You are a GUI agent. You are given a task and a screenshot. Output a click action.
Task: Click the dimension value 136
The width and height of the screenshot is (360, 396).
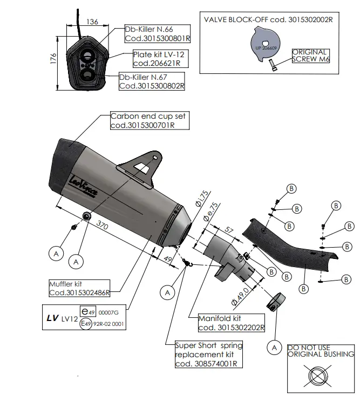pos(92,22)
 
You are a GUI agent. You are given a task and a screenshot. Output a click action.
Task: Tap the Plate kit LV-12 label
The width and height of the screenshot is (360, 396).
pos(160,58)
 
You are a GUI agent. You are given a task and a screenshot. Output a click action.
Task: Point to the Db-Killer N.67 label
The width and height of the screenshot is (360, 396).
pos(152,81)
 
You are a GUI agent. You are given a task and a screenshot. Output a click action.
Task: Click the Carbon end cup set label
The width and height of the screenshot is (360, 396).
pos(150,120)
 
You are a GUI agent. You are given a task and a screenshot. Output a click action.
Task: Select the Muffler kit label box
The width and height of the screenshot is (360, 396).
pos(79,288)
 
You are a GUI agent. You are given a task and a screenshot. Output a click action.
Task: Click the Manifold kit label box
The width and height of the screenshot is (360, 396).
pos(231,323)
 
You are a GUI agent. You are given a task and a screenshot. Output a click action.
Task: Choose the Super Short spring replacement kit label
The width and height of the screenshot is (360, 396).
pos(208,354)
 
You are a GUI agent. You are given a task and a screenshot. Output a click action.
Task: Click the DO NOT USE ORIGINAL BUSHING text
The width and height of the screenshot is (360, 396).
pos(320,351)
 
